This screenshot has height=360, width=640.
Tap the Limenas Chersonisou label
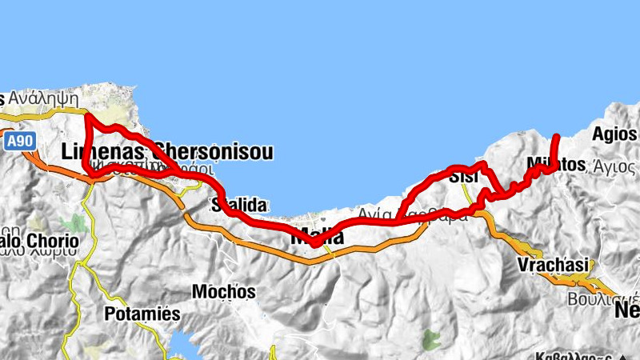(x=166, y=151)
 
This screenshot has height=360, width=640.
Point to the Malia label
(x=317, y=238)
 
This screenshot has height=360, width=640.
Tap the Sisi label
(x=465, y=177)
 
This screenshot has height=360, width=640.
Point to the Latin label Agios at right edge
(x=615, y=134)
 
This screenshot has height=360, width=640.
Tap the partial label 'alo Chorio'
(x=39, y=241)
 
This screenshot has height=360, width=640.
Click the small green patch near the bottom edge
(x=432, y=339)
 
